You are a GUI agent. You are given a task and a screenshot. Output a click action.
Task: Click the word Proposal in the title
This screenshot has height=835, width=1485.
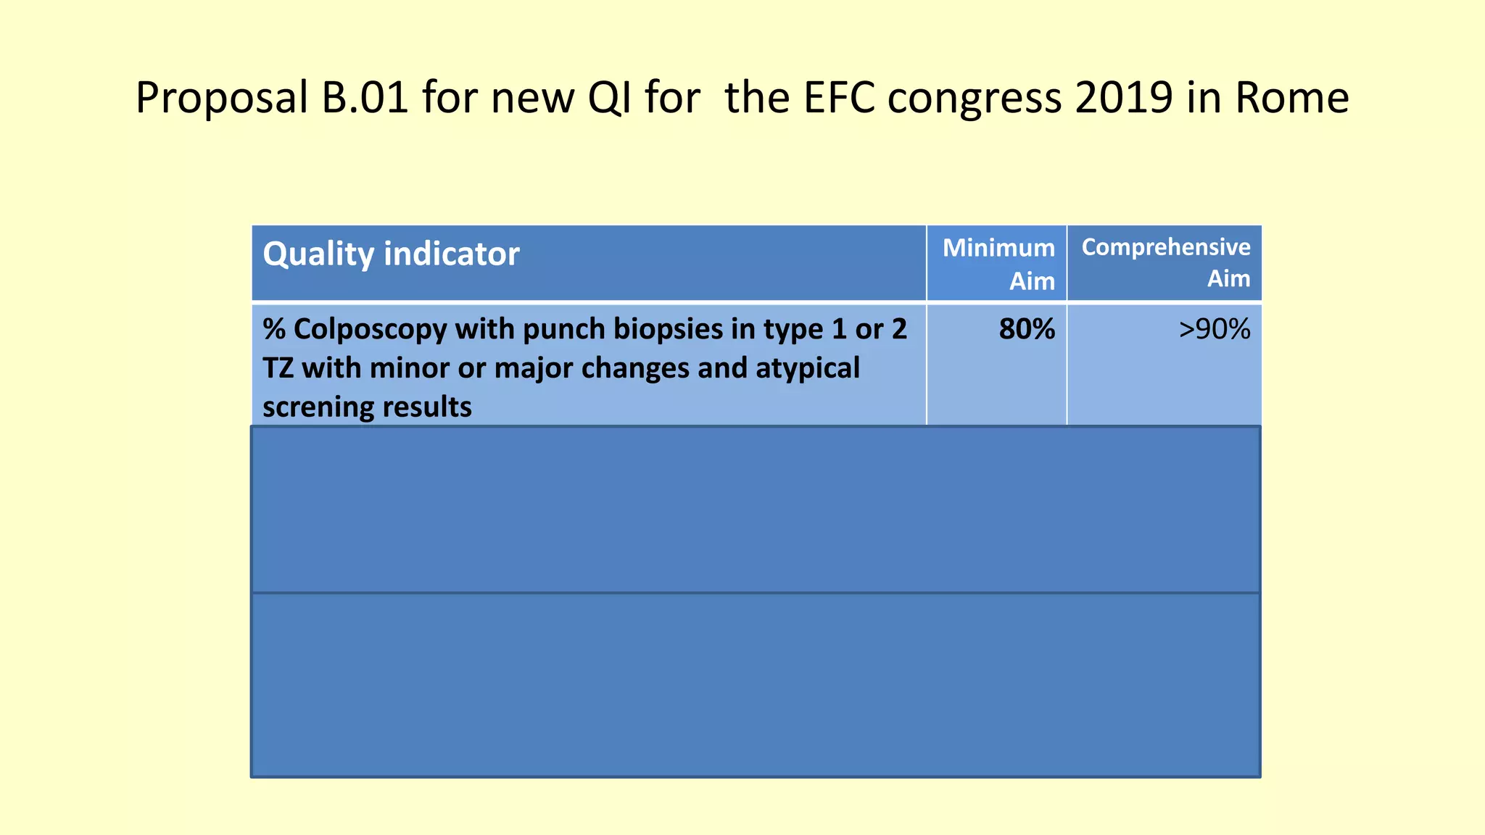[222, 98]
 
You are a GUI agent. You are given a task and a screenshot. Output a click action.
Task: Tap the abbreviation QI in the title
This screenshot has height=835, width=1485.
[609, 98]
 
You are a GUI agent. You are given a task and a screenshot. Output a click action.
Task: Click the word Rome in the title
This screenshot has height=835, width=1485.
[1291, 98]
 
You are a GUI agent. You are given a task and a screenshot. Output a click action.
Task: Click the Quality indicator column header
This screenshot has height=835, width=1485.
[391, 254]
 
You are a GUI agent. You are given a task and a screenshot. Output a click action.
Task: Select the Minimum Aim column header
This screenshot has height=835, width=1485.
[998, 264]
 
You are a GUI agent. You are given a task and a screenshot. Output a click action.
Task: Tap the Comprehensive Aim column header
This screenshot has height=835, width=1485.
[1165, 262]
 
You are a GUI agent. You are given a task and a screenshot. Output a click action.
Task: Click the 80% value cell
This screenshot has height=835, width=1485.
[1027, 330]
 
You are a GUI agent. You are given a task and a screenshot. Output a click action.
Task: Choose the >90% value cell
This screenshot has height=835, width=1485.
[1215, 330]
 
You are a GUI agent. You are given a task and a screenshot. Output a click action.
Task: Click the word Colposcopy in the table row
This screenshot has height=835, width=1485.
[370, 331]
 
